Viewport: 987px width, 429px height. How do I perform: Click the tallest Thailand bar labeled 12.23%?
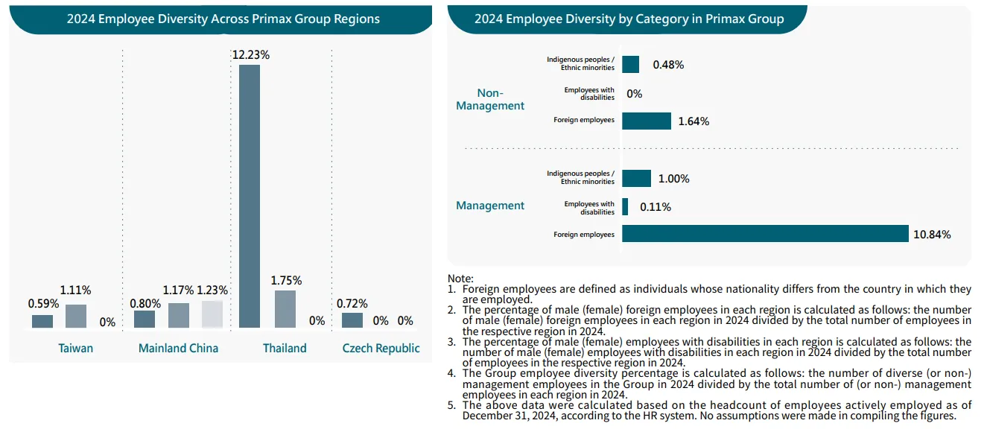pyautogui.click(x=250, y=196)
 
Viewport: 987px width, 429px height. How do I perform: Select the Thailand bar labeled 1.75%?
pyautogui.click(x=285, y=309)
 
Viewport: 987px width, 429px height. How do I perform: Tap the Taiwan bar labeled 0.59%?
pyautogui.click(x=42, y=321)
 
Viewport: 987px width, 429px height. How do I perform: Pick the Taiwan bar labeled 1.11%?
pyautogui.click(x=76, y=316)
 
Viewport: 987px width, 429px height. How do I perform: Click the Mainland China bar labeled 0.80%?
pyautogui.click(x=145, y=319)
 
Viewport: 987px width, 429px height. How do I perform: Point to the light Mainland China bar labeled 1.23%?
pyautogui.click(x=212, y=314)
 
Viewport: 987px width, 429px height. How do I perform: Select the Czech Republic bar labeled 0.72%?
pyautogui.click(x=352, y=320)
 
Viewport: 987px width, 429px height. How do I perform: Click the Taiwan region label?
pyautogui.click(x=76, y=348)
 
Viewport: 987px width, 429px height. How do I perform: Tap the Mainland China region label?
pyautogui.click(x=179, y=348)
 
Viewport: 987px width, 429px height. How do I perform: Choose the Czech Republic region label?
pyautogui.click(x=381, y=348)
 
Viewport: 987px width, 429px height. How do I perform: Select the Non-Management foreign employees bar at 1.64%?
pyautogui.click(x=647, y=121)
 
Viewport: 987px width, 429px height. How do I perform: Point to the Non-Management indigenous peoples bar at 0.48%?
pyautogui.click(x=630, y=64)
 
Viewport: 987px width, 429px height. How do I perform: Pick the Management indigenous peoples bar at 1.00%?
pyautogui.click(x=636, y=178)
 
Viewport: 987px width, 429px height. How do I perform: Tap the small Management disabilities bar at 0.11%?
pyautogui.click(x=625, y=206)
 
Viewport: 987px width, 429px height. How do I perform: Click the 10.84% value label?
pyautogui.click(x=932, y=235)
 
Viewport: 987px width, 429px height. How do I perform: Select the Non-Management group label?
pyautogui.click(x=490, y=99)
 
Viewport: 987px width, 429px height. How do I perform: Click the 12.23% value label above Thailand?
pyautogui.click(x=250, y=55)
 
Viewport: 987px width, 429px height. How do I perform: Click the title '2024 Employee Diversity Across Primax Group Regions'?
pyautogui.click(x=223, y=19)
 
